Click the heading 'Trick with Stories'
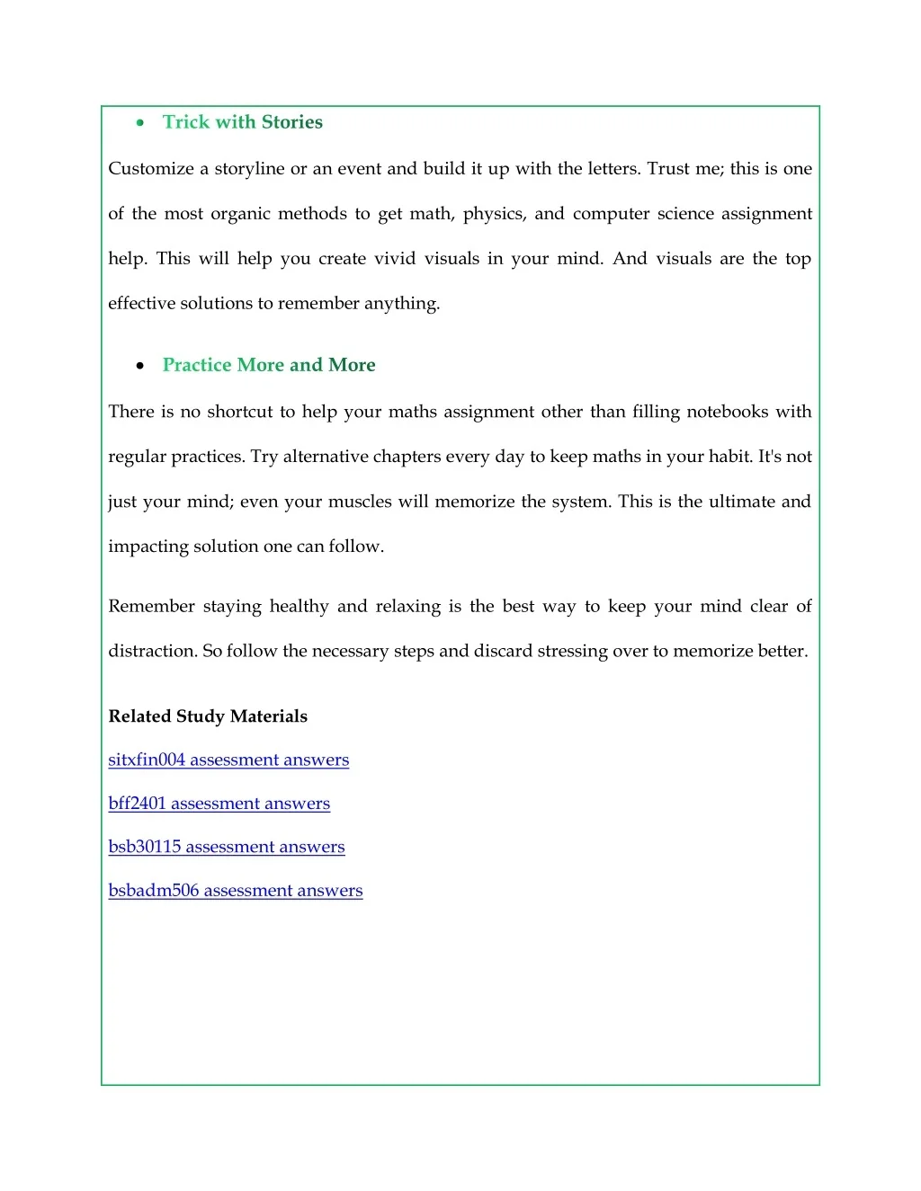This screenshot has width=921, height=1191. (x=242, y=122)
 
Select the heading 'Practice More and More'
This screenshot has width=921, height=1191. (x=269, y=365)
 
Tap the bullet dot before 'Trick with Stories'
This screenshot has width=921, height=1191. (x=140, y=123)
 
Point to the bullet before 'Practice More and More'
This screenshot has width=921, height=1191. (x=140, y=366)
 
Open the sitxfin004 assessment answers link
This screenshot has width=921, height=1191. (x=228, y=760)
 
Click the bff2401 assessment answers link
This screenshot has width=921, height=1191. (x=219, y=804)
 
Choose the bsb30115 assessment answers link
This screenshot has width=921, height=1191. (x=226, y=847)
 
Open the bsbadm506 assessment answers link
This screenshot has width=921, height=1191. (x=235, y=891)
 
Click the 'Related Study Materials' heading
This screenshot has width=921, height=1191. (x=208, y=716)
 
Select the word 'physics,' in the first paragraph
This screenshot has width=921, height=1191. (x=494, y=214)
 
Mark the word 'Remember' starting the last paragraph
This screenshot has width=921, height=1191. (x=151, y=607)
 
